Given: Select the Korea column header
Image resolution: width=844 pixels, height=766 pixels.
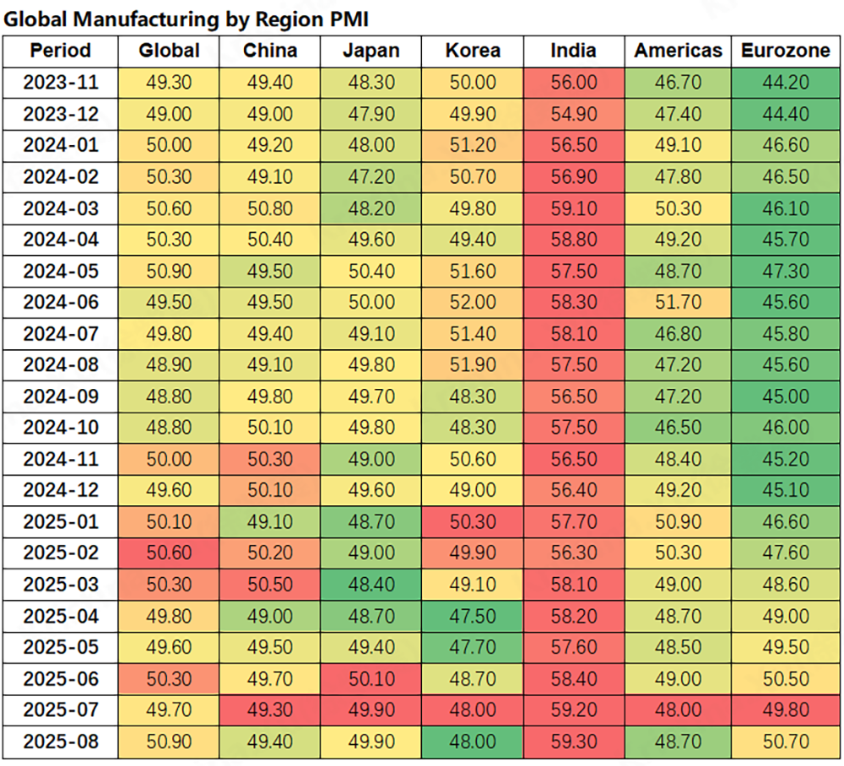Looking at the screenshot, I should coord(473,51).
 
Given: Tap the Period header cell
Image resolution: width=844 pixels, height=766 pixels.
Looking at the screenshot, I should coord(60,51).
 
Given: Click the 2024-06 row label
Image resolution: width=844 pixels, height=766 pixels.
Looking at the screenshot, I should coord(60,302).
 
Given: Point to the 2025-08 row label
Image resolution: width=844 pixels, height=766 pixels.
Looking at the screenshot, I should coord(60,742).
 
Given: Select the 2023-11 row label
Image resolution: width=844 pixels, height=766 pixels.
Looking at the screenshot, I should coord(60,83).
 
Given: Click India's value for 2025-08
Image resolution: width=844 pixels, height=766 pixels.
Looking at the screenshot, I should coord(574,742).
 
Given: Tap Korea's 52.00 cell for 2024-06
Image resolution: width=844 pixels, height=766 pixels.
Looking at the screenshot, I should coord(473,302).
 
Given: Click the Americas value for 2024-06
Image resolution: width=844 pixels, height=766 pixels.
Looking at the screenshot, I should coord(679,302).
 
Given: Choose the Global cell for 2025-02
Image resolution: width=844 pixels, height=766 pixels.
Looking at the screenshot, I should coord(169,553).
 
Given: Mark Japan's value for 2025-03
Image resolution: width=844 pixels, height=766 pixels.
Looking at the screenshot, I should coord(371,585).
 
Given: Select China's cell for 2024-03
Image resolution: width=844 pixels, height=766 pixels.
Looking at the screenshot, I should coord(270,208).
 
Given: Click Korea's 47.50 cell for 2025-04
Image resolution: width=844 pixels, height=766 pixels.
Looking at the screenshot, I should coord(473,616).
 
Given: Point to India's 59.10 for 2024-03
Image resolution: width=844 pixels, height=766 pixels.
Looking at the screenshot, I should coord(574,208).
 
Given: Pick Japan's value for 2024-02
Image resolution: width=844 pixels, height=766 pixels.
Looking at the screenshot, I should coord(371,177).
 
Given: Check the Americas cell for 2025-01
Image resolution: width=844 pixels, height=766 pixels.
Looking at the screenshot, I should coord(679,521).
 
